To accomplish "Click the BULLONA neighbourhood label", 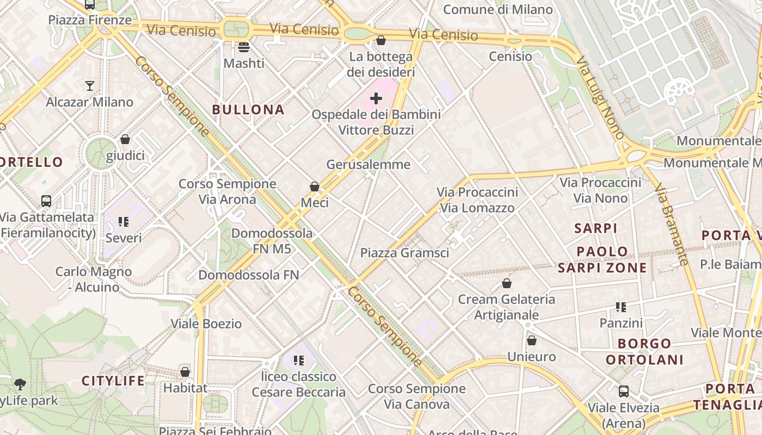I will [248, 110].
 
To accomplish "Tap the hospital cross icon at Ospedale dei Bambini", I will [376, 98].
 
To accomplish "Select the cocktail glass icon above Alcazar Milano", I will [90, 85].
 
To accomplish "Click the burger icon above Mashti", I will [244, 47].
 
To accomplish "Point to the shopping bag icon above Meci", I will [315, 187].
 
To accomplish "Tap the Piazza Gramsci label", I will [404, 253].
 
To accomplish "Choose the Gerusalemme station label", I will [368, 164].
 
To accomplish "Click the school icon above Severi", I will [124, 222].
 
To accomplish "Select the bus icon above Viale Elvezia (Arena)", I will [624, 391].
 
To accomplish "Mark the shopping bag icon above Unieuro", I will [532, 340].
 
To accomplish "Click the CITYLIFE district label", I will [113, 381].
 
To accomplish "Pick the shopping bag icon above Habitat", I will [185, 372].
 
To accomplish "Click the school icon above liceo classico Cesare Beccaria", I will [298, 360].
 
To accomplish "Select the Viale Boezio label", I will [206, 324].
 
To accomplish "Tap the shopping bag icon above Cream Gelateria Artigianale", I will [507, 283].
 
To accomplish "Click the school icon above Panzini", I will [621, 307].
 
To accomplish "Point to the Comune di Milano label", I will [498, 9].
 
